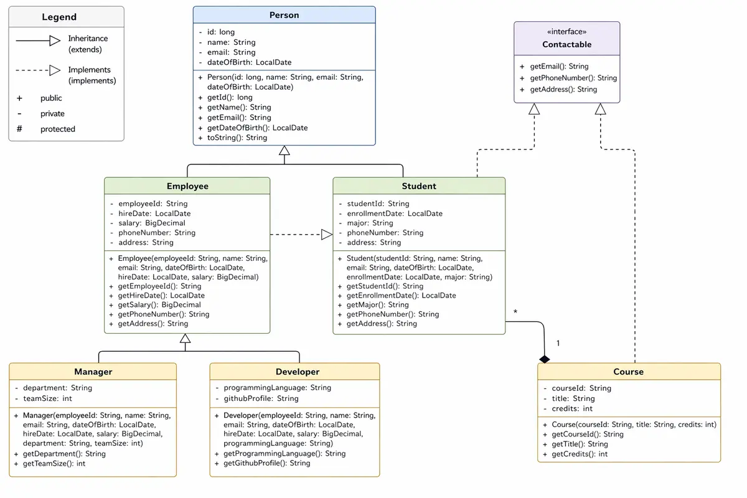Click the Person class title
(284, 15)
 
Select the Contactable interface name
(566, 44)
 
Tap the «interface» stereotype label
(566, 31)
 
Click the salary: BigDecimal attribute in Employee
(151, 223)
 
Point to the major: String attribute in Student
(370, 223)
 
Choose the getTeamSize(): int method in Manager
(54, 464)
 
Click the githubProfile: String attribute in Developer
(261, 398)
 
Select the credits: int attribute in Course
(571, 409)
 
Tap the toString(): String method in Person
(237, 138)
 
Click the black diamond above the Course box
(545, 359)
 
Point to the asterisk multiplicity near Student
(515, 312)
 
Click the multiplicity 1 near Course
(558, 343)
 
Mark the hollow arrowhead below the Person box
(284, 151)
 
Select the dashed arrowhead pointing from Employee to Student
(327, 235)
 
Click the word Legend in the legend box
(59, 17)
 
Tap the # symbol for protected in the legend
(19, 129)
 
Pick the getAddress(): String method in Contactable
(563, 90)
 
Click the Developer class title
(298, 372)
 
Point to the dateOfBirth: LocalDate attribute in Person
(249, 62)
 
